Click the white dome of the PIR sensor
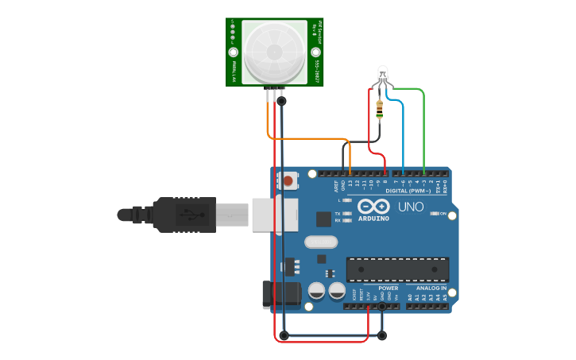(x=274, y=52)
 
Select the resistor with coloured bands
(x=380, y=109)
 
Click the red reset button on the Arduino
(x=288, y=182)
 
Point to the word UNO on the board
(x=411, y=207)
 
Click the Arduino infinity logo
(x=373, y=206)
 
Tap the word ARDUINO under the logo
(x=373, y=219)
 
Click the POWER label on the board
(x=389, y=288)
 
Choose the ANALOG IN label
(x=431, y=288)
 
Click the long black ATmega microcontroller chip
(x=397, y=269)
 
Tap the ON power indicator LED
(x=435, y=213)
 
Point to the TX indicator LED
(x=347, y=214)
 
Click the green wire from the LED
(x=423, y=127)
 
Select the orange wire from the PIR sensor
(x=310, y=139)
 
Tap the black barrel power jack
(x=281, y=294)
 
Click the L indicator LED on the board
(x=347, y=200)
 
